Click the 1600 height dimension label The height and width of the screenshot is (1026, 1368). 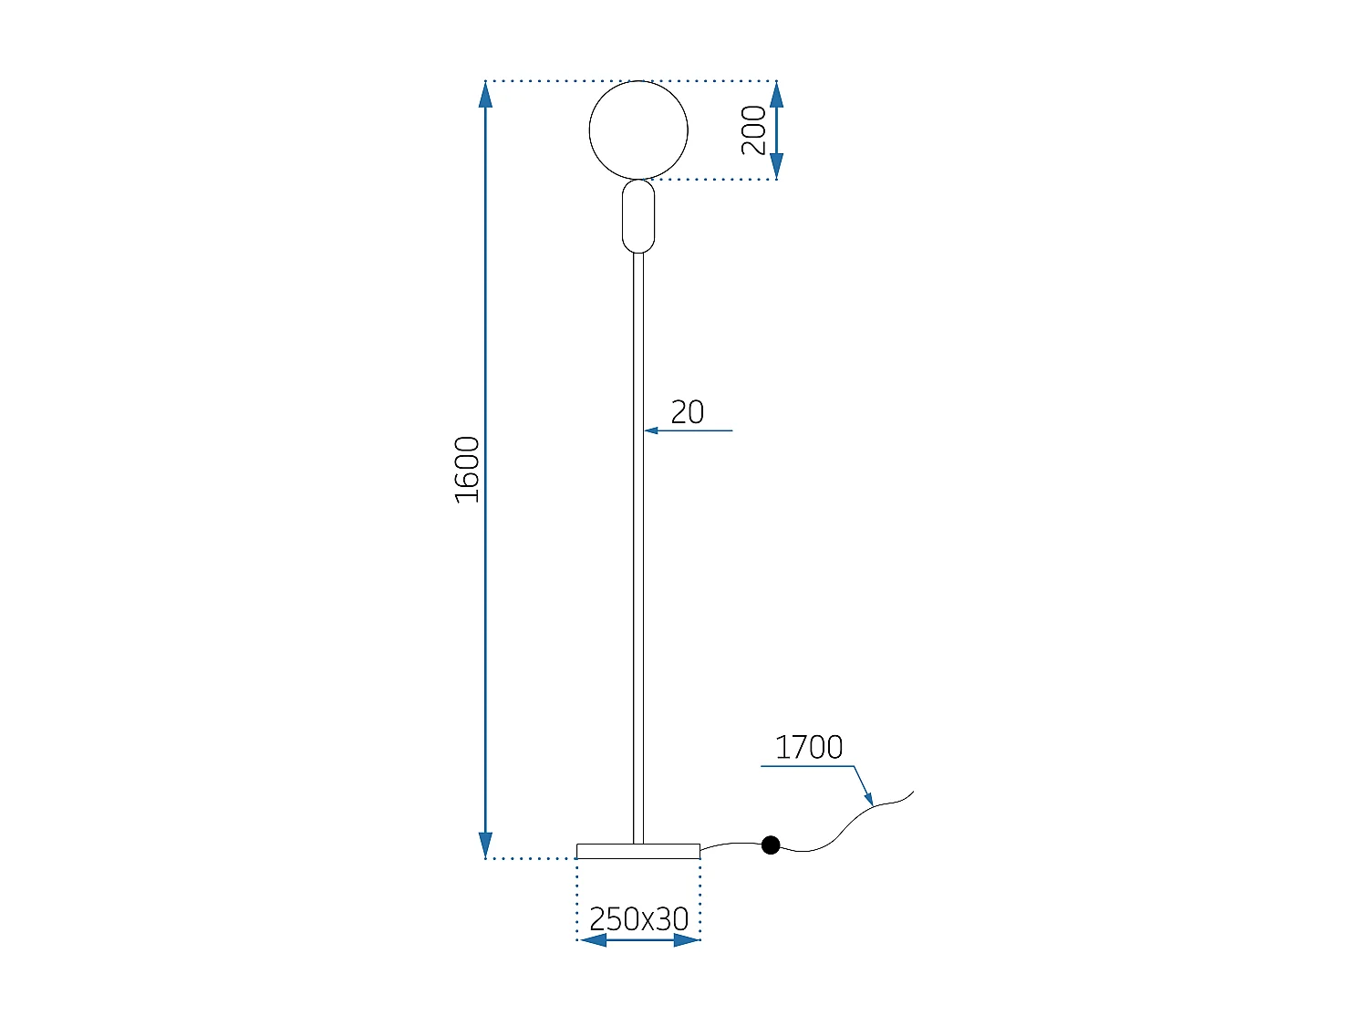[467, 470]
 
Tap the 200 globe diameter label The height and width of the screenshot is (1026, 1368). [753, 130]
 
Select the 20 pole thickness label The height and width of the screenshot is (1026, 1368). [687, 412]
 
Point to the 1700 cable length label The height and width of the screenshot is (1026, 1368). [808, 747]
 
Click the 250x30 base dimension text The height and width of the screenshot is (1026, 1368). [638, 918]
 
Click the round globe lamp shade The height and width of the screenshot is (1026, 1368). [638, 130]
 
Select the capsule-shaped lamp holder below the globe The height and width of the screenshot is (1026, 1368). [638, 216]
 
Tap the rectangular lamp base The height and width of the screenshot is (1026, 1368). [638, 851]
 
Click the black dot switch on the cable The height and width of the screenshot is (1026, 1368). [771, 845]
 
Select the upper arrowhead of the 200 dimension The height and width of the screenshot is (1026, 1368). [776, 94]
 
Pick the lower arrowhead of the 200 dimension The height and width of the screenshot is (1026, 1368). [776, 167]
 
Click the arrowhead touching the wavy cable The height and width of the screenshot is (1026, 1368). [869, 799]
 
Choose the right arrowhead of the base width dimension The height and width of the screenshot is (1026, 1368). [687, 940]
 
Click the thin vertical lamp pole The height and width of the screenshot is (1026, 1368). [638, 547]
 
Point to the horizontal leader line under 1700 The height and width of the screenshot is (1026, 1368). [807, 766]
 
